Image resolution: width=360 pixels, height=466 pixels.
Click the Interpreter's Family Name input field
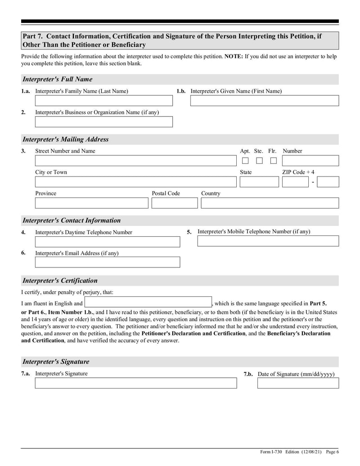(103, 100)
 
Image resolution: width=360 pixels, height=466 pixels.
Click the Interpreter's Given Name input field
(264, 100)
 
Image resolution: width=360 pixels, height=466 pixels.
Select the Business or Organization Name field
(103, 122)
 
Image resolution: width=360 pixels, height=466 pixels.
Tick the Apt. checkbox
(245, 161)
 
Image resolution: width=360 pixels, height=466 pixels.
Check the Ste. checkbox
(259, 161)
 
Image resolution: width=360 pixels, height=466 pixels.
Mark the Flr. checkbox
(273, 161)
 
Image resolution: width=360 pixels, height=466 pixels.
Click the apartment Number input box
(310, 161)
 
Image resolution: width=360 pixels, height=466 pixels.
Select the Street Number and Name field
(135, 161)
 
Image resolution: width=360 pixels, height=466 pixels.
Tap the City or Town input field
(135, 182)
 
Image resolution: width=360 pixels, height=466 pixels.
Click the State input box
(259, 182)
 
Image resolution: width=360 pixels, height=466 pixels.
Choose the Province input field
(91, 203)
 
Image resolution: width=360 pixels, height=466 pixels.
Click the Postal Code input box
(174, 203)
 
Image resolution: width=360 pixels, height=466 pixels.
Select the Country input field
(270, 203)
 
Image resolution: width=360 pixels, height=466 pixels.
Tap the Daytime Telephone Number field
(107, 242)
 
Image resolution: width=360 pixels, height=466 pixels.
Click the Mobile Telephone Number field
(268, 241)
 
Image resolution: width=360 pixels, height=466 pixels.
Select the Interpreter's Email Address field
(107, 262)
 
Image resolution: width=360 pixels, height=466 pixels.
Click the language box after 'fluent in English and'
(148, 302)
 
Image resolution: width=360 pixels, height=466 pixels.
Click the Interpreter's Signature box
(135, 383)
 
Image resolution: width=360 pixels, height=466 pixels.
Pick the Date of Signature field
(298, 383)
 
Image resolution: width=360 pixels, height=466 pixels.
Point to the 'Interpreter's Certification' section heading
(60, 281)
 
